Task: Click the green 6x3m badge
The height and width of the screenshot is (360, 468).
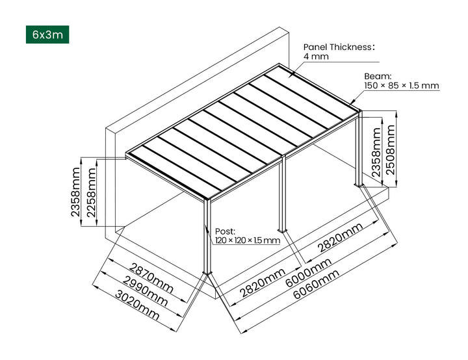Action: (47, 34)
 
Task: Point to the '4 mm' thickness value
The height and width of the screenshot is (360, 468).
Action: (316, 57)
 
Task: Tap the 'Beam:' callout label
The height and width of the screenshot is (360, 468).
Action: (377, 75)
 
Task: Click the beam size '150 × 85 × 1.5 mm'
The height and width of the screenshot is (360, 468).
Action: (401, 86)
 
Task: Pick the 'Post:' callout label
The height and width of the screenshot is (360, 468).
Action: (225, 231)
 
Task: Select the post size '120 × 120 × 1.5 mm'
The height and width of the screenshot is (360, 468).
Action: (247, 240)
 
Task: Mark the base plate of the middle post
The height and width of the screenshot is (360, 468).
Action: (282, 230)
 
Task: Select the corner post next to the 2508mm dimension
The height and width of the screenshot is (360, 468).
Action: (358, 149)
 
